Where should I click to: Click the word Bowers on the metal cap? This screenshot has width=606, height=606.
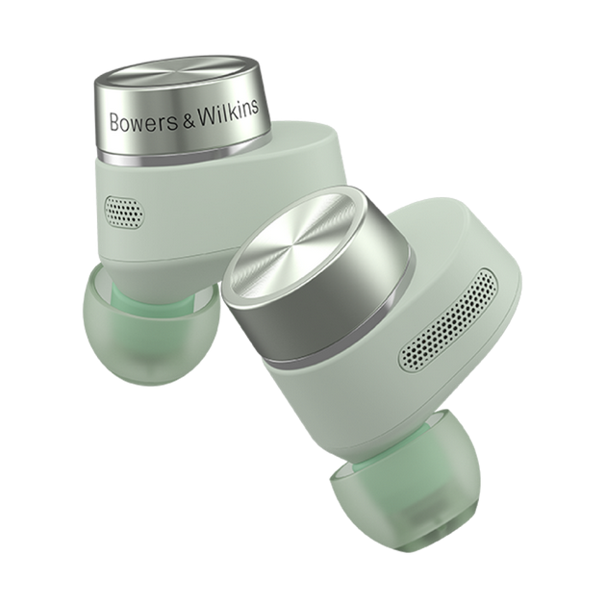(143, 121)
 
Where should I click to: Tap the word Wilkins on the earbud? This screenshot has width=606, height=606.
(228, 111)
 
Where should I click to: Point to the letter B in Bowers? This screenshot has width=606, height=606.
(114, 123)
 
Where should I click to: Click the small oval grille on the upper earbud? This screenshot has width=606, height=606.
(126, 213)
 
